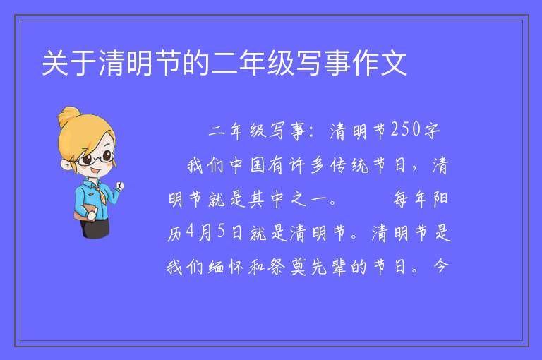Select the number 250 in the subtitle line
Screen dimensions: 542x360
(x=406, y=129)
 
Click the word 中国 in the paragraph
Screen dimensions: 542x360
(x=247, y=165)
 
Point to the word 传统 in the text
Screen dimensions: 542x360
(x=349, y=165)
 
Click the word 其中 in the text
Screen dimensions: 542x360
(x=267, y=199)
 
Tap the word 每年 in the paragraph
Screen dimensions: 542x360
(x=410, y=199)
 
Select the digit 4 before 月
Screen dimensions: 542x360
(x=190, y=231)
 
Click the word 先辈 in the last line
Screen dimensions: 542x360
(x=328, y=267)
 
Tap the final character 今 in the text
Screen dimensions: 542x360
(x=440, y=266)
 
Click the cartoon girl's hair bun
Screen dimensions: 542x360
(x=68, y=116)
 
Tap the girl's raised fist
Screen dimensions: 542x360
(x=119, y=186)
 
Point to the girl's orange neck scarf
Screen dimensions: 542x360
(x=101, y=192)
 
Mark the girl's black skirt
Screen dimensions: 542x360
(x=95, y=228)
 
